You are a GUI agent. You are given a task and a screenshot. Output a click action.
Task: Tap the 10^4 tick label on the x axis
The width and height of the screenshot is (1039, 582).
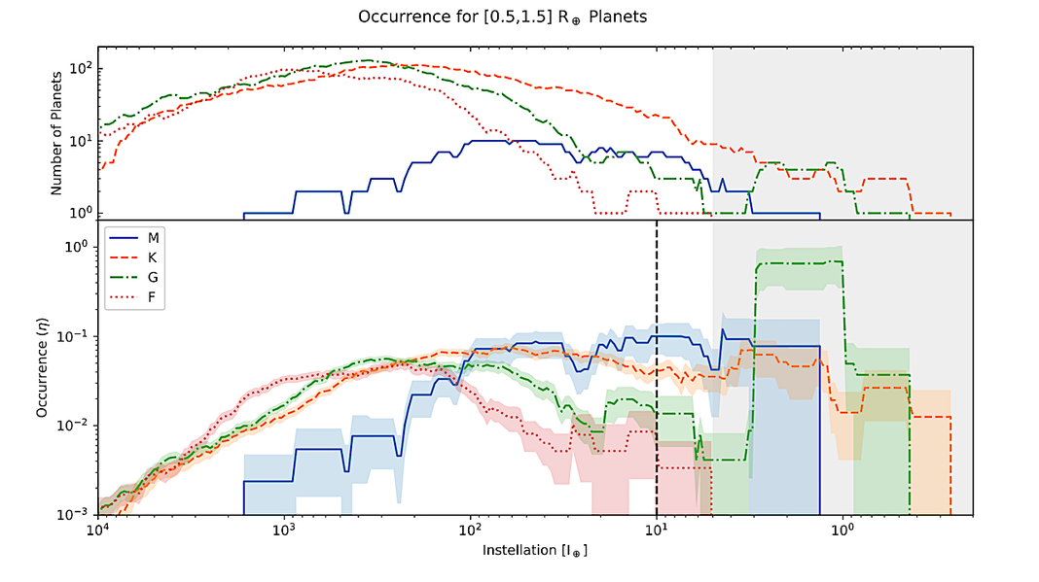pos(96,531)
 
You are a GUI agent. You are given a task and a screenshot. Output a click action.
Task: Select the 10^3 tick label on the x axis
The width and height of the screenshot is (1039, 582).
pos(283,531)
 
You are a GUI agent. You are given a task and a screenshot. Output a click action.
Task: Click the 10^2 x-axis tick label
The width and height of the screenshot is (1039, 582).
pos(470,531)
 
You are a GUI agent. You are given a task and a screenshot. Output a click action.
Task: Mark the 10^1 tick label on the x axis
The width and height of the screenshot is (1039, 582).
pos(657,531)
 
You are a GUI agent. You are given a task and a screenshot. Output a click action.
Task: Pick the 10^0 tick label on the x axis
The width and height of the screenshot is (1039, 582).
pos(842,531)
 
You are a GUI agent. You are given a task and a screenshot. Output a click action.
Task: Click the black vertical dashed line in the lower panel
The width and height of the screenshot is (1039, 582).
pos(657,389)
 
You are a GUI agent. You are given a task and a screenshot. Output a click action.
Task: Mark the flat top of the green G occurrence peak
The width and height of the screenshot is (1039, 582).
pos(799,262)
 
